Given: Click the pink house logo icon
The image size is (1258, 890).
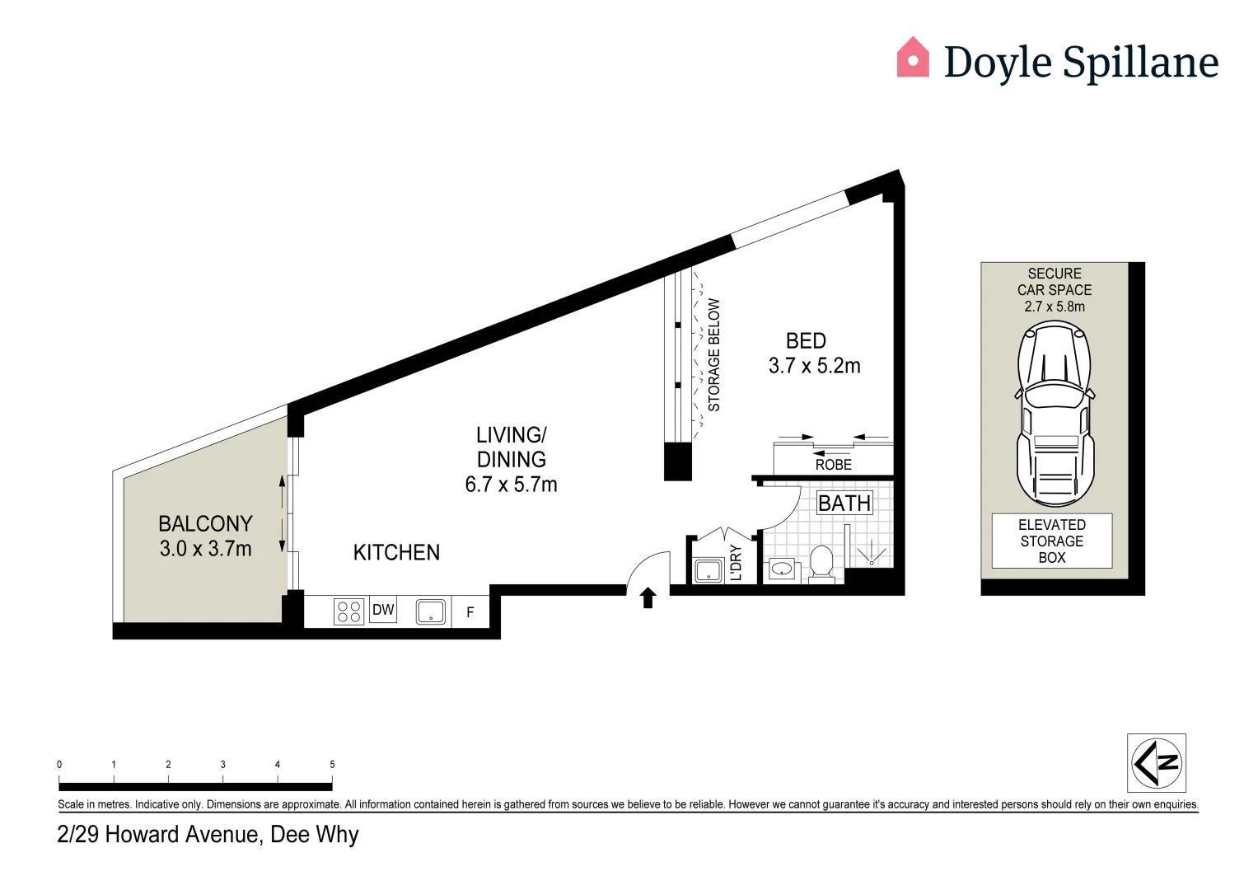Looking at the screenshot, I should [x=913, y=58].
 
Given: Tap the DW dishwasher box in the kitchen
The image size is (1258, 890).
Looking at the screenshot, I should [x=383, y=610].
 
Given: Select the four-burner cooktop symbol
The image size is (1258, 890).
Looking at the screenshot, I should [x=349, y=611].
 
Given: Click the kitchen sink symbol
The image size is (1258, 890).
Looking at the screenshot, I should [x=431, y=611].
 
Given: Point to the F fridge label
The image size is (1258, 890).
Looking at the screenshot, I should [x=470, y=612].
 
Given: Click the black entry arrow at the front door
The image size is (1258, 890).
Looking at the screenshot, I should [x=648, y=597].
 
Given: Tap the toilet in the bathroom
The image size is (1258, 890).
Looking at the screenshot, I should [x=821, y=563].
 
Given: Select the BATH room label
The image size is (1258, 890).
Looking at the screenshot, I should [x=844, y=503].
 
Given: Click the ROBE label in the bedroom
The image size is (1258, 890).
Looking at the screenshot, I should [x=834, y=465].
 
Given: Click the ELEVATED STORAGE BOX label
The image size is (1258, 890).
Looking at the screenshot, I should [x=1052, y=541].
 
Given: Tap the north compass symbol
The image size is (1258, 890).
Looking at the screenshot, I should [x=1157, y=763].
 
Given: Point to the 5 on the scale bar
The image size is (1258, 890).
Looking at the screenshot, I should [x=332, y=765].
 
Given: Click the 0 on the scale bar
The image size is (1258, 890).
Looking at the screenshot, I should [x=59, y=765].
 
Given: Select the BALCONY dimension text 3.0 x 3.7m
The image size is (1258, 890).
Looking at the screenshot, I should [x=206, y=549].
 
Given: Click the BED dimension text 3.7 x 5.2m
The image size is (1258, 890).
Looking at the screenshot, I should [x=814, y=366].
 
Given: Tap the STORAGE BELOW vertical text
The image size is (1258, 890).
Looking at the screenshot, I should [x=714, y=354].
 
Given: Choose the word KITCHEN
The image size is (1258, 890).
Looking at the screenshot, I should [x=396, y=553].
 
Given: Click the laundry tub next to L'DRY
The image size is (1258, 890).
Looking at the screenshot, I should [x=708, y=569].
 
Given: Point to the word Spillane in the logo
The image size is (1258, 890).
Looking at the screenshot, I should [x=1140, y=63].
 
